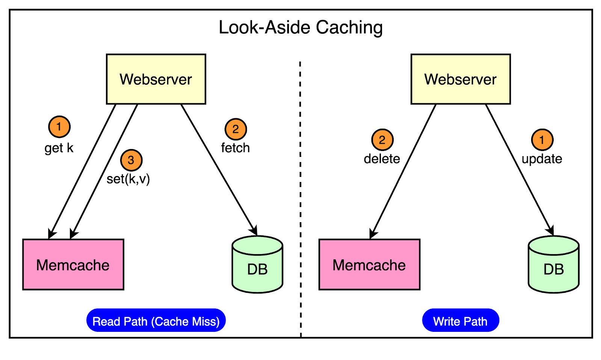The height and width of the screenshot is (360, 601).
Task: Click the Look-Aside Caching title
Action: pos(300,28)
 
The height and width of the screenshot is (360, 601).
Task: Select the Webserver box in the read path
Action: pos(156,79)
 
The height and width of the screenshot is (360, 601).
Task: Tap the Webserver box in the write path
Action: pos(461,79)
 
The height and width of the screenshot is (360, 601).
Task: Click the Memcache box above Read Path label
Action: pos(73,265)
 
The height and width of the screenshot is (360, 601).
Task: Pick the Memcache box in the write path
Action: pos(370,265)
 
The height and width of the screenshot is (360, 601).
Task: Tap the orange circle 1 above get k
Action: pos(59,127)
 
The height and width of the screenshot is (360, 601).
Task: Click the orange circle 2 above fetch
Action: pos(236,129)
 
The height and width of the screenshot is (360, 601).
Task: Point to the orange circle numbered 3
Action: pos(131,160)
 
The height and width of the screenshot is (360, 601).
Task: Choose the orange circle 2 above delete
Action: pos(382,140)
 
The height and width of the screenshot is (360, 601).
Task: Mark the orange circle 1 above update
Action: pos(542,140)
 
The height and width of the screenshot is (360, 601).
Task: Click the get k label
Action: pos(59,148)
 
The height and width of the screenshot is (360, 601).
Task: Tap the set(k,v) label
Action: pos(128,179)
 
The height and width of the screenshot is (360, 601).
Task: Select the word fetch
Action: pos(235,148)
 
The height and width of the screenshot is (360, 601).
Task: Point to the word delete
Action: pos(382,159)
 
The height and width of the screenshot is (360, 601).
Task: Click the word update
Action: pos(542,159)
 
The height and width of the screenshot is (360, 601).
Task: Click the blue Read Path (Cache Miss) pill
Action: pos(156,320)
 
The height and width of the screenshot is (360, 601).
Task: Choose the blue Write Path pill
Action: pos(461,320)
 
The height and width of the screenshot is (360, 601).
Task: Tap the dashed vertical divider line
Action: pos(300,199)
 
